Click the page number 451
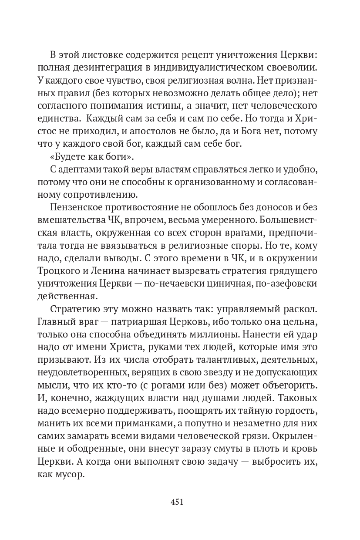point(177,502)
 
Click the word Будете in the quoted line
point(68,156)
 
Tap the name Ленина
point(108,271)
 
